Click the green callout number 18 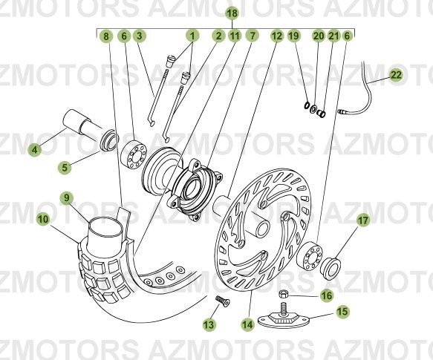coord(232,13)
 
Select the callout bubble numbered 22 coord(396,75)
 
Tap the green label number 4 coord(34,150)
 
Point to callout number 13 coord(209,324)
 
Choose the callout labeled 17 coord(363,220)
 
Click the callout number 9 coord(67,197)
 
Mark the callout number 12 coord(277,36)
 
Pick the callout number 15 coord(342,312)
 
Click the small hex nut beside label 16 coord(284,294)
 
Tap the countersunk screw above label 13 coord(222,301)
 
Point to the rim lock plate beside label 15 coord(284,317)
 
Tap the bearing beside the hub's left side coord(134,154)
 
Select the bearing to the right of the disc coord(309,255)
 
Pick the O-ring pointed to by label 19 coord(307,105)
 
